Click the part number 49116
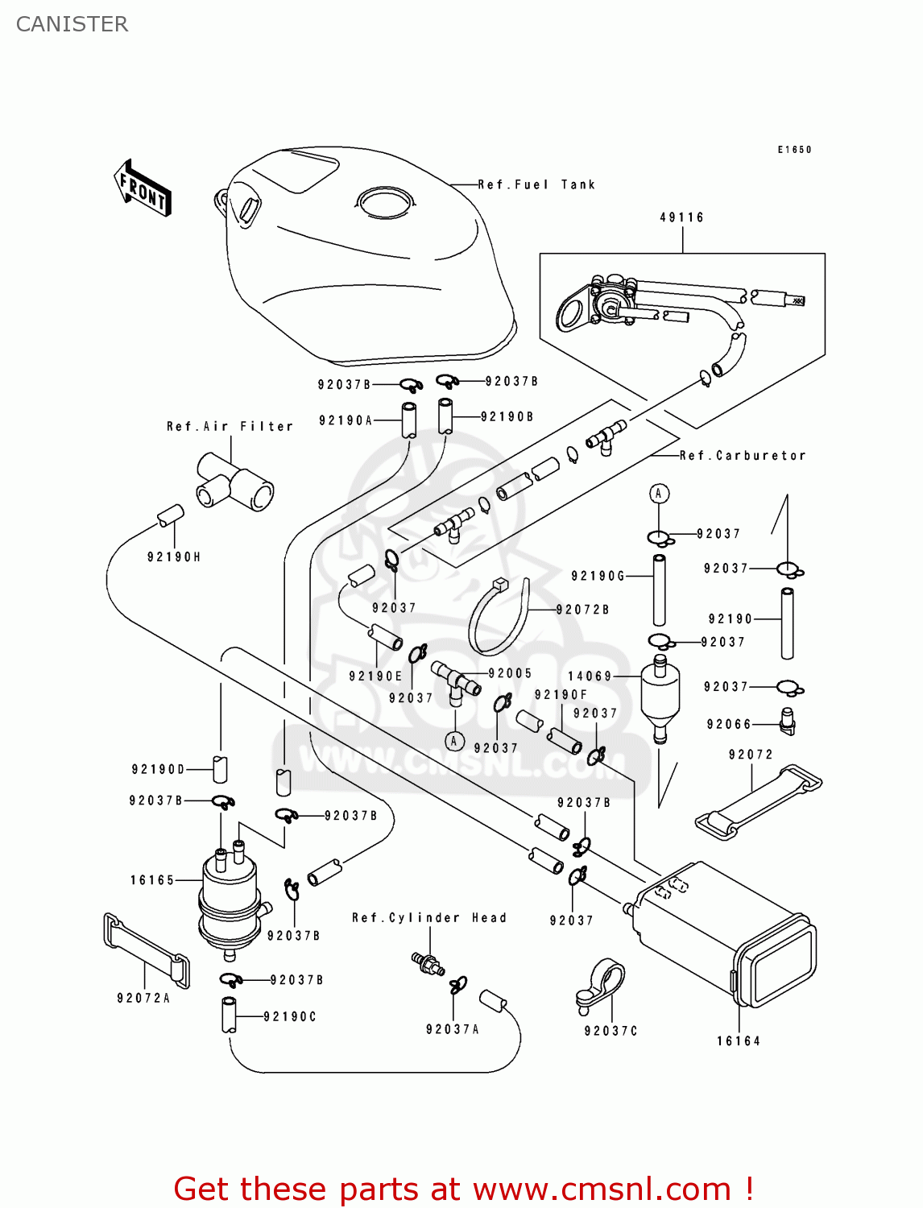[x=682, y=217]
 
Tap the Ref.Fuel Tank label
[x=536, y=185]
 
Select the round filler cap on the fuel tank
[x=386, y=201]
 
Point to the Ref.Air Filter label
[x=230, y=427]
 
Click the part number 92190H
[x=174, y=557]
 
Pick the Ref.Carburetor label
[x=743, y=456]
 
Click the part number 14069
[x=590, y=676]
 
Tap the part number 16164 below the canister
[x=739, y=1041]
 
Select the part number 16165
[x=152, y=880]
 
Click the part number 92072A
[x=143, y=999]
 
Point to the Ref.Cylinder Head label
[x=429, y=918]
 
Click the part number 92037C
[x=611, y=1032]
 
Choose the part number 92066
[x=729, y=725]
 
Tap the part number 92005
[x=510, y=673]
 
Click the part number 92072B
[x=582, y=610]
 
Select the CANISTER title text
[x=72, y=24]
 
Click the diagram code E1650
[x=795, y=150]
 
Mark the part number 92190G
[x=598, y=576]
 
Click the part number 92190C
[x=290, y=1017]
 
